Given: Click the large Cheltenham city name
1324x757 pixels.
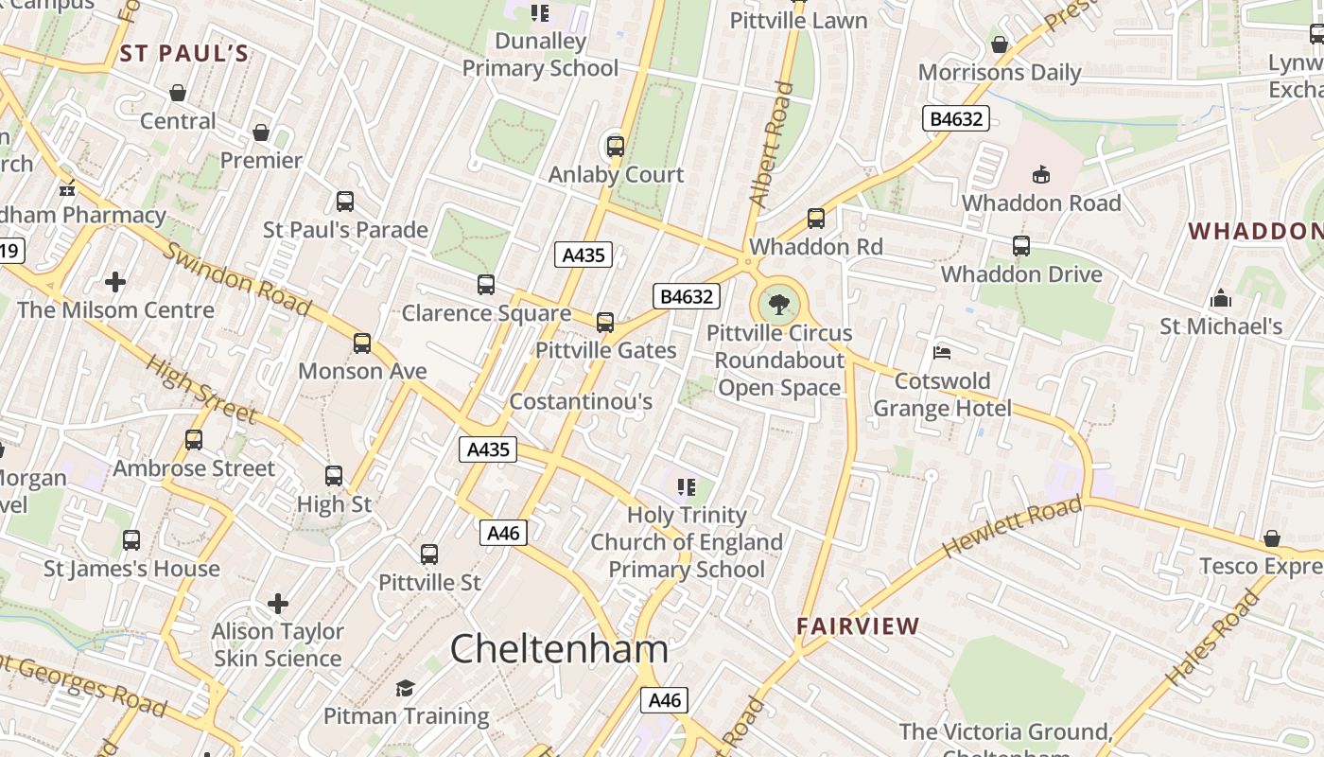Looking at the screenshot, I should coord(559,649).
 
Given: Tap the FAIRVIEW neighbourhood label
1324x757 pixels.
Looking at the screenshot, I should coord(858,626).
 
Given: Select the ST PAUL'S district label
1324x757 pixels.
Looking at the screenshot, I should coord(184,53).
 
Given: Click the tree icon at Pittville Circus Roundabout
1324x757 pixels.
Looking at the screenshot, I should coord(779,305).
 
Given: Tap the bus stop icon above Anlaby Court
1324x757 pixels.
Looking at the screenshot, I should coord(616,147).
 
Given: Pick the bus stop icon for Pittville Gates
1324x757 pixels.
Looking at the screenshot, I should coord(605,323).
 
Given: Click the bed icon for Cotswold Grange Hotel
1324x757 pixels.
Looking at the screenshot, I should coord(941,353).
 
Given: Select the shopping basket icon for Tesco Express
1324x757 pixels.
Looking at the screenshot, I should coord(1272,538).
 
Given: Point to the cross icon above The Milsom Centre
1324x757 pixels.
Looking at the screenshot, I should coord(115,282).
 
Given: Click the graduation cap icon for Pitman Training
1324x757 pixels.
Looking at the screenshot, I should coord(406,688).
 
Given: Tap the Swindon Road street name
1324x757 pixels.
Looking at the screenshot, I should coord(237,278).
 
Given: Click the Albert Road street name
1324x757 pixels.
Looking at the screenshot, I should coord(771,144).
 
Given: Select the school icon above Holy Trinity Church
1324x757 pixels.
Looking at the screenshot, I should coord(687,487).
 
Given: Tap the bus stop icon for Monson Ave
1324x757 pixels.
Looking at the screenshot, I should coord(362,343).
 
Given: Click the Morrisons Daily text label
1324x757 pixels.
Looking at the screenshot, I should coord(1000,73).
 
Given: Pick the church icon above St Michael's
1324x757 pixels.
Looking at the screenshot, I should coord(1221,299).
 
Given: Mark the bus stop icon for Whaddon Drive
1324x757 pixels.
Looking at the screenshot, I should coord(1021,246).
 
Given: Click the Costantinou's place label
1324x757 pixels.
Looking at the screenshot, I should coord(581,402).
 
